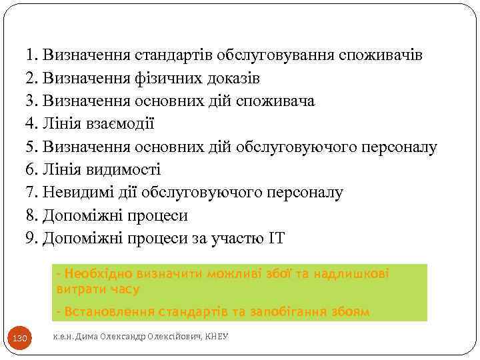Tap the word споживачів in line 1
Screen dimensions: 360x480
tap(381, 55)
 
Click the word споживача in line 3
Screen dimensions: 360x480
tap(275, 101)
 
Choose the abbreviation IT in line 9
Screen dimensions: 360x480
tap(275, 239)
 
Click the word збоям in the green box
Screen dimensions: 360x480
tap(349, 311)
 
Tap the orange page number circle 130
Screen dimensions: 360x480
tap(20, 339)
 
